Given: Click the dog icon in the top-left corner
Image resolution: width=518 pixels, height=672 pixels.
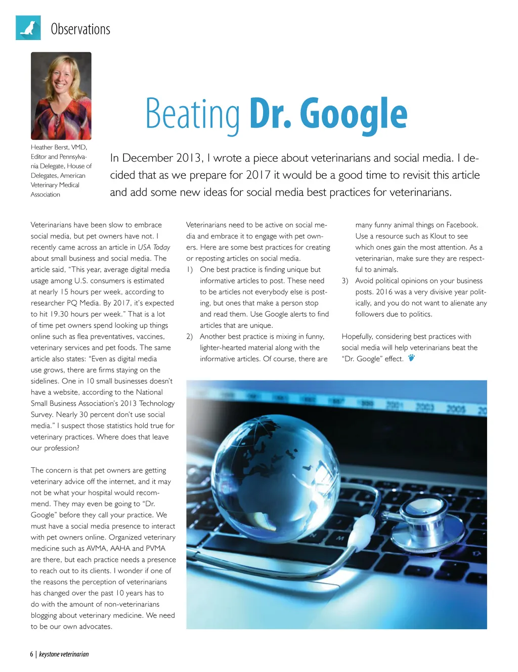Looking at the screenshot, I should coord(28,28).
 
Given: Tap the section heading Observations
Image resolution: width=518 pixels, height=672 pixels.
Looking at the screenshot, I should coord(80,29).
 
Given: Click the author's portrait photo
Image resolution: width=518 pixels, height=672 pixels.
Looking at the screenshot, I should coord(61,96).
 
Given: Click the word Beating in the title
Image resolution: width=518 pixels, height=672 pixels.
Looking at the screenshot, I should coord(193,115).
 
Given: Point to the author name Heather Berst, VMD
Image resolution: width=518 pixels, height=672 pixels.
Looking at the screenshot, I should coord(59,147).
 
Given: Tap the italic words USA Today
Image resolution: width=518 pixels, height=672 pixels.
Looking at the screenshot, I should coord(154,247).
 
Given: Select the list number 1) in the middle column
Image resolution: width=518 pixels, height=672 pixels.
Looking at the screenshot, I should coord(190,269).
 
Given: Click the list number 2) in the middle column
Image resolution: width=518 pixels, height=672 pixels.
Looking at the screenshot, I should coord(190,337).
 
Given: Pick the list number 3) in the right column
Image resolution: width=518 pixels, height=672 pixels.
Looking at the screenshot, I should coord(345,280).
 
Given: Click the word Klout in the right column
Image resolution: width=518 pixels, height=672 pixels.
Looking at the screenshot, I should coord(438,236).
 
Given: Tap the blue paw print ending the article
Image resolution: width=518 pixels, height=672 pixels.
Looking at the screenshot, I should coord(411,358).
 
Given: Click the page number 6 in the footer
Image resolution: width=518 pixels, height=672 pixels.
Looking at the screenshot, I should coord(31,654).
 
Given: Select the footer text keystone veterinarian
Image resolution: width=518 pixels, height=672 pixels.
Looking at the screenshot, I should coord(64,654).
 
